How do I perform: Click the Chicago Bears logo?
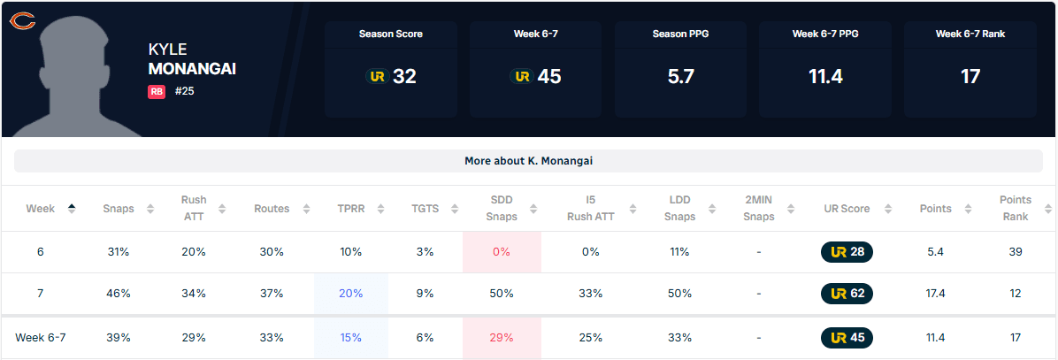pos(22,19)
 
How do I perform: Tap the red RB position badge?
pos(157,91)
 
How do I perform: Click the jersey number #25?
pos(184,91)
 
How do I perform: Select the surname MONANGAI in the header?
pos(192,68)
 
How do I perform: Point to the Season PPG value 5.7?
pos(680,76)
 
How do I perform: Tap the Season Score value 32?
pos(403,76)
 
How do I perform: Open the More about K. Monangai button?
pos(529,161)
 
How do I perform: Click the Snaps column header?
pos(119,209)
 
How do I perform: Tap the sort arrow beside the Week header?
pos(72,209)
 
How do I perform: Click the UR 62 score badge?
pos(847,293)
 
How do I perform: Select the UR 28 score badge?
pos(847,252)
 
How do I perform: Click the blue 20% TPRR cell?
pos(350,293)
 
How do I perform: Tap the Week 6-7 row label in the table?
pos(40,337)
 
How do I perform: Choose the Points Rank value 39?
pos(1015,252)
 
